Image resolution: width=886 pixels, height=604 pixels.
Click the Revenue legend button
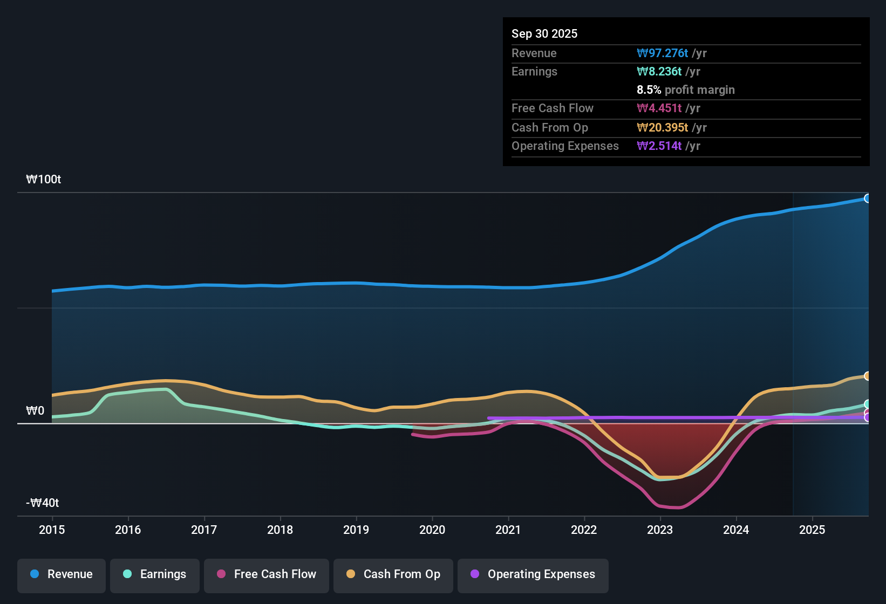click(x=62, y=574)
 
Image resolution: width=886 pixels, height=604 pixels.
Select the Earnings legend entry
click(x=155, y=574)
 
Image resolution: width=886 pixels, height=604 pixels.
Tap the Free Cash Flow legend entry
click(x=267, y=574)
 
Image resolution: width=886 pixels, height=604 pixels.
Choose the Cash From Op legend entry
click(x=393, y=574)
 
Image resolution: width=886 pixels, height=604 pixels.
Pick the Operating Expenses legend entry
click(x=533, y=574)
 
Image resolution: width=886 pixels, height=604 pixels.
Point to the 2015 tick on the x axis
click(x=52, y=530)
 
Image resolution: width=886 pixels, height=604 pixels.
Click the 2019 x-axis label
click(x=356, y=530)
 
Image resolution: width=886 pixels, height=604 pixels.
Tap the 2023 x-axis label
click(x=660, y=530)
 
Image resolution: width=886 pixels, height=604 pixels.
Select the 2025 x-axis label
click(x=812, y=530)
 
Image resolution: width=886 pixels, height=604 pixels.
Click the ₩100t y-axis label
click(x=44, y=180)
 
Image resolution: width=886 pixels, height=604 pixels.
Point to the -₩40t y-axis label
click(x=43, y=503)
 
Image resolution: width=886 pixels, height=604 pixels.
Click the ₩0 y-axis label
click(x=35, y=411)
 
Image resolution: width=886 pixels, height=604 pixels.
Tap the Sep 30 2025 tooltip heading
click(x=544, y=33)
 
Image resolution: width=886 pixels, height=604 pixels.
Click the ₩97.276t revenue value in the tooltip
click(x=662, y=53)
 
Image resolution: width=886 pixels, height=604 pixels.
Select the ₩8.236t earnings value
click(x=659, y=71)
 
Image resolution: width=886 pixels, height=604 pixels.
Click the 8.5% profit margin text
click(x=685, y=90)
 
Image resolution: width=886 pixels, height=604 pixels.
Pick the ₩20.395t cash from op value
click(x=662, y=127)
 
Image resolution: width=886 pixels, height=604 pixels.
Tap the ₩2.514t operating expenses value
click(x=659, y=146)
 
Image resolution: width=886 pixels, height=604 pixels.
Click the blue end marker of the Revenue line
click(x=867, y=198)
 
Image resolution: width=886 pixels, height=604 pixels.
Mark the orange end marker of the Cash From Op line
click(x=867, y=376)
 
